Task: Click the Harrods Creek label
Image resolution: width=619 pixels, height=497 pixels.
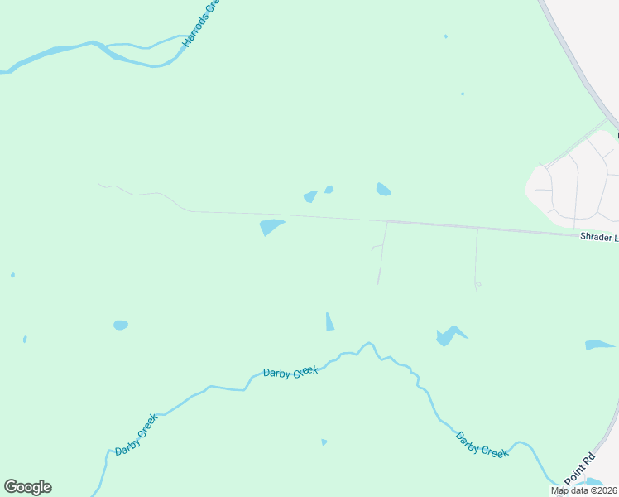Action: click(203, 22)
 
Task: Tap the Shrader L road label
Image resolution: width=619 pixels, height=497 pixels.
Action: click(598, 238)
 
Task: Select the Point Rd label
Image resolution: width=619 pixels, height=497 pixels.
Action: click(580, 469)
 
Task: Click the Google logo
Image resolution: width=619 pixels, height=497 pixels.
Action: click(27, 487)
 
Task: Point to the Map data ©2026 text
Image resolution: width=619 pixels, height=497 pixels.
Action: click(583, 490)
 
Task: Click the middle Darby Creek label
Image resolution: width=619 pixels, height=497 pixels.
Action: click(290, 374)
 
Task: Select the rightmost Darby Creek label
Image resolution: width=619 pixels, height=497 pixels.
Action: click(482, 443)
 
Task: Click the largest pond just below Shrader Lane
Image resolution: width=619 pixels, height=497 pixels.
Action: click(271, 226)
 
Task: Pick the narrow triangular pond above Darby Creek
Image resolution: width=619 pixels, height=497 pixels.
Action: click(329, 322)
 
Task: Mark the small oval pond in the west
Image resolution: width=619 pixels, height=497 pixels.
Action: click(121, 325)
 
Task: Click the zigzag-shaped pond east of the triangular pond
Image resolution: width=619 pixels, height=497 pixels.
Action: click(449, 335)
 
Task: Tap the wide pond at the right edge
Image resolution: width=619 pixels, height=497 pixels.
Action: click(598, 344)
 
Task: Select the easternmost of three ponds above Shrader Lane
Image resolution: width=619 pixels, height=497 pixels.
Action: click(383, 190)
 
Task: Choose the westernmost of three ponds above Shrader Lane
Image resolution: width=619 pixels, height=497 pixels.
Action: click(310, 196)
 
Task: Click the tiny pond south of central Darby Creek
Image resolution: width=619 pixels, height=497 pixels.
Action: click(324, 442)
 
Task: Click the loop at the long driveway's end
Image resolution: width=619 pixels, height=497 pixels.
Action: click(477, 286)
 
